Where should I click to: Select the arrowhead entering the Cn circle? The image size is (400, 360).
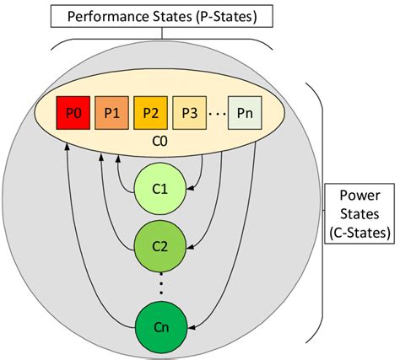coord(190,325)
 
